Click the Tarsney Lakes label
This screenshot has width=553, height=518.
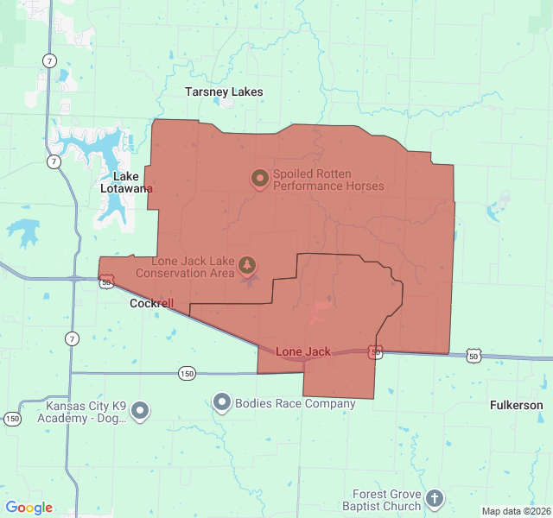224,92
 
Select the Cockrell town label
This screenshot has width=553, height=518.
151,304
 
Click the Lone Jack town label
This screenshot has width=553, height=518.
303,352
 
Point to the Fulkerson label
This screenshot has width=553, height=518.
516,405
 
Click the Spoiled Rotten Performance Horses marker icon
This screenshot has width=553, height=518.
259,179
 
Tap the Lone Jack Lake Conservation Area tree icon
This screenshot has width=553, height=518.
248,263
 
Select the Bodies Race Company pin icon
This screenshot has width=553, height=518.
222,402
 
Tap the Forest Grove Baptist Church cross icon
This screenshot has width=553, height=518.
435,498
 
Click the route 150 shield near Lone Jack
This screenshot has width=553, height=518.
188,374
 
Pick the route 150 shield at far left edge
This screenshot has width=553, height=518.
12,419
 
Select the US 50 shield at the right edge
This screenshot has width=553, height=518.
473,356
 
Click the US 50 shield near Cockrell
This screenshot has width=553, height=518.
105,281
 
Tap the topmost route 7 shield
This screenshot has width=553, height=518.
50,60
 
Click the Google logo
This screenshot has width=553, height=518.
29,508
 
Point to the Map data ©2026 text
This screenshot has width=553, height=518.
514,511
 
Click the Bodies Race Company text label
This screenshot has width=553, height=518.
296,403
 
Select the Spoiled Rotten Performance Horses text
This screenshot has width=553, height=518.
328,179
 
